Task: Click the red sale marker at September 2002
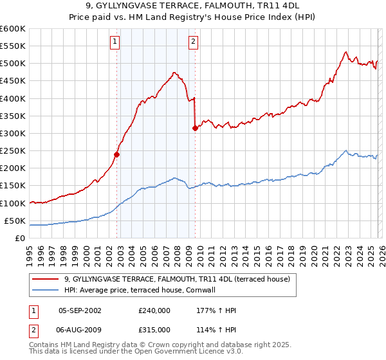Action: [116, 154]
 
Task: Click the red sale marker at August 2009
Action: [195, 128]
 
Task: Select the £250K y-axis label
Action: [13, 151]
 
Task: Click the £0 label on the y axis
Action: [21, 239]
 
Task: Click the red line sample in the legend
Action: [45, 279]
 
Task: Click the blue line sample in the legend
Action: [45, 290]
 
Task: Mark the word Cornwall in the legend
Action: [205, 290]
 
